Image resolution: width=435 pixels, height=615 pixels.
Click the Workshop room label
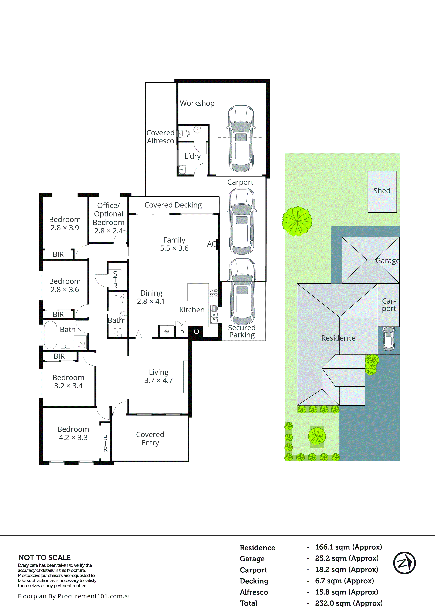(197, 103)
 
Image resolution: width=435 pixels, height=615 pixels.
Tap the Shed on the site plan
(382, 191)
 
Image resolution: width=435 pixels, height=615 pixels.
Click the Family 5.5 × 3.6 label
(174, 244)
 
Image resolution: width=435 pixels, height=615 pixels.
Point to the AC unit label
(211, 244)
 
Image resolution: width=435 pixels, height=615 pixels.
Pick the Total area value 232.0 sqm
(349, 603)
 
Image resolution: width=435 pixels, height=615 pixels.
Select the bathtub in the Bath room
(50, 335)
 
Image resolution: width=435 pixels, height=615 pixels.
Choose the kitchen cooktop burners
(214, 292)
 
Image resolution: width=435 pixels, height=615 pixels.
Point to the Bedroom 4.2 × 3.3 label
(73, 433)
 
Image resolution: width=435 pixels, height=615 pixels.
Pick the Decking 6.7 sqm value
(344, 581)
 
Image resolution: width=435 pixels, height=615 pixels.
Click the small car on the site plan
(389, 338)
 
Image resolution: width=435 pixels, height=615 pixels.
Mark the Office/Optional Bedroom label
(109, 218)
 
